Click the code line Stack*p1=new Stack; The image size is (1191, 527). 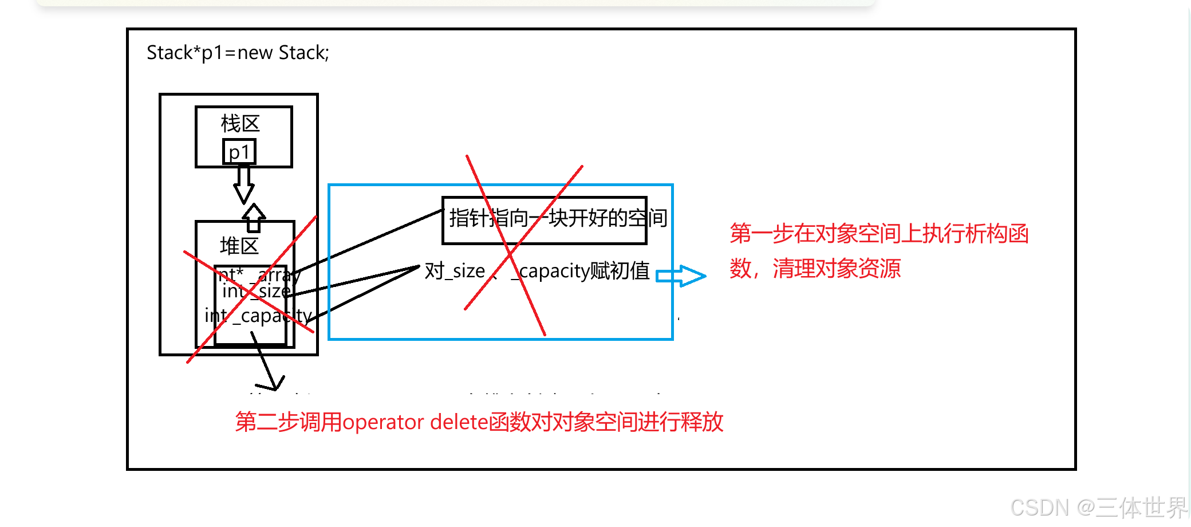(x=238, y=53)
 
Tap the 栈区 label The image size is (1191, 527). (x=240, y=124)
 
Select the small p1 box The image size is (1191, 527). (x=239, y=152)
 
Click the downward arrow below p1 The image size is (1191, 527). (x=244, y=184)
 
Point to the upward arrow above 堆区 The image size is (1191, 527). (x=254, y=217)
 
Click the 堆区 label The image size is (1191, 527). (x=239, y=246)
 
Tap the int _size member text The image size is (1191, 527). (x=256, y=292)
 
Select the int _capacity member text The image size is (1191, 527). (x=258, y=316)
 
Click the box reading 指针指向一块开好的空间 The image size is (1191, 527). (x=545, y=219)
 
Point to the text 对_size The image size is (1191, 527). (x=455, y=271)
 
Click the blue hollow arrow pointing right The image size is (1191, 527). (x=681, y=276)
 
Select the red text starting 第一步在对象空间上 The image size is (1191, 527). (x=879, y=234)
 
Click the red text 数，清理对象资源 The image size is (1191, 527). (x=815, y=268)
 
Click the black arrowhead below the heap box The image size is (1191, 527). (x=274, y=383)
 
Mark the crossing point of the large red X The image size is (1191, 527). (x=508, y=252)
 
